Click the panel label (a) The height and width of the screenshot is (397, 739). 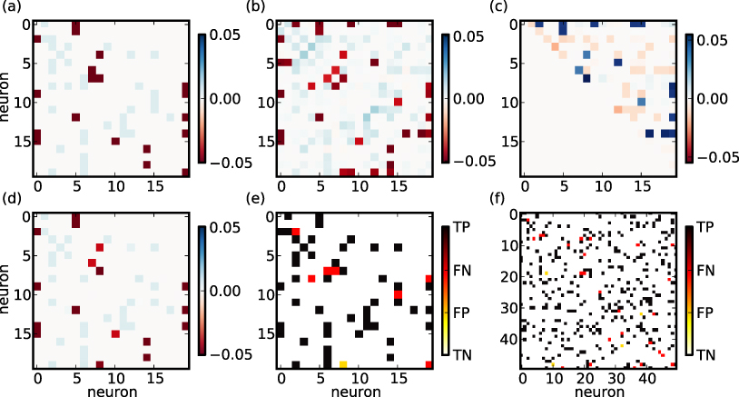click(10, 10)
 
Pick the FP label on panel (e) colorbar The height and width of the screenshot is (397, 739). click(462, 313)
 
